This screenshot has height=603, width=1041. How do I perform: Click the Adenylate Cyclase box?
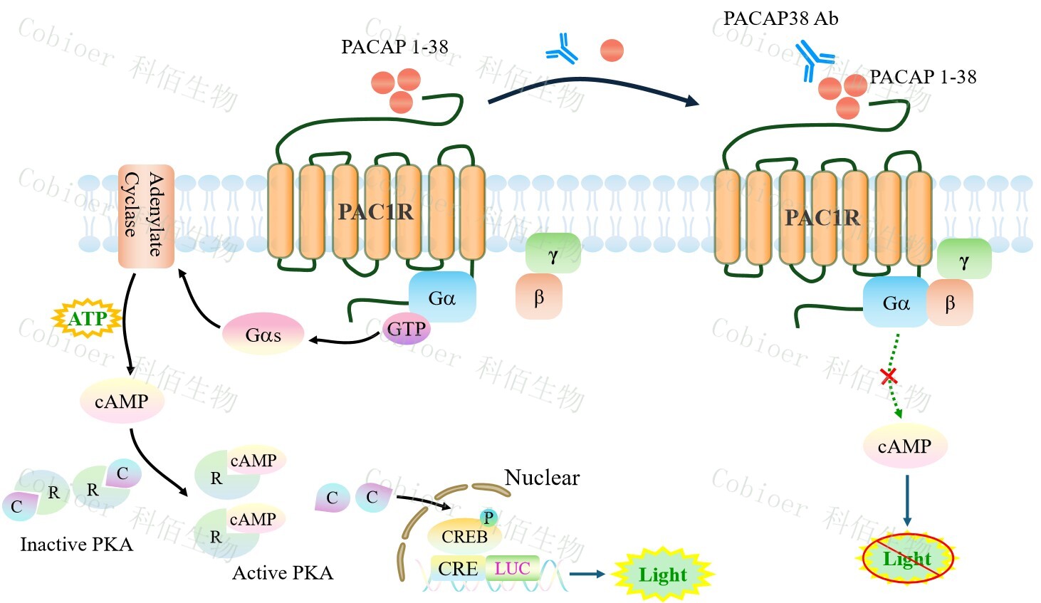tap(146, 216)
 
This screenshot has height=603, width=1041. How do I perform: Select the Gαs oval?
tap(263, 334)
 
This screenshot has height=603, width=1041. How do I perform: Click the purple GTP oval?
tap(406, 329)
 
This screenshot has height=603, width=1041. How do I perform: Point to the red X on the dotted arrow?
tap(888, 376)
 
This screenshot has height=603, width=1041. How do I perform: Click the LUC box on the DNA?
tap(513, 568)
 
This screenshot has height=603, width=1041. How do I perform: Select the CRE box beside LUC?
tap(458, 568)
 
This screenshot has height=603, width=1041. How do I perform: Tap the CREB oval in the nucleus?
tap(464, 536)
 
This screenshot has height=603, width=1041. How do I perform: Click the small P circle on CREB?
tap(488, 518)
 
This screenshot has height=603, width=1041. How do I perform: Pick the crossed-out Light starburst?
tap(907, 558)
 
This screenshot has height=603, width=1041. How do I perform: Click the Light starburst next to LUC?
tap(663, 574)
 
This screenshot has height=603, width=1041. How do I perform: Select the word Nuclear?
tap(542, 477)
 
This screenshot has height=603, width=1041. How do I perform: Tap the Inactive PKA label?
tap(76, 544)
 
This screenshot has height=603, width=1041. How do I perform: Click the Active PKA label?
tap(283, 572)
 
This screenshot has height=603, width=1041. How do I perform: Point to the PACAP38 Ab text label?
tap(780, 19)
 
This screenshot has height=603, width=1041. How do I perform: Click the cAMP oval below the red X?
tap(904, 446)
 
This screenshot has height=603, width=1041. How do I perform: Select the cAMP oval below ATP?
tap(122, 402)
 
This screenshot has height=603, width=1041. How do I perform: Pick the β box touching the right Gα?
tap(949, 303)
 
